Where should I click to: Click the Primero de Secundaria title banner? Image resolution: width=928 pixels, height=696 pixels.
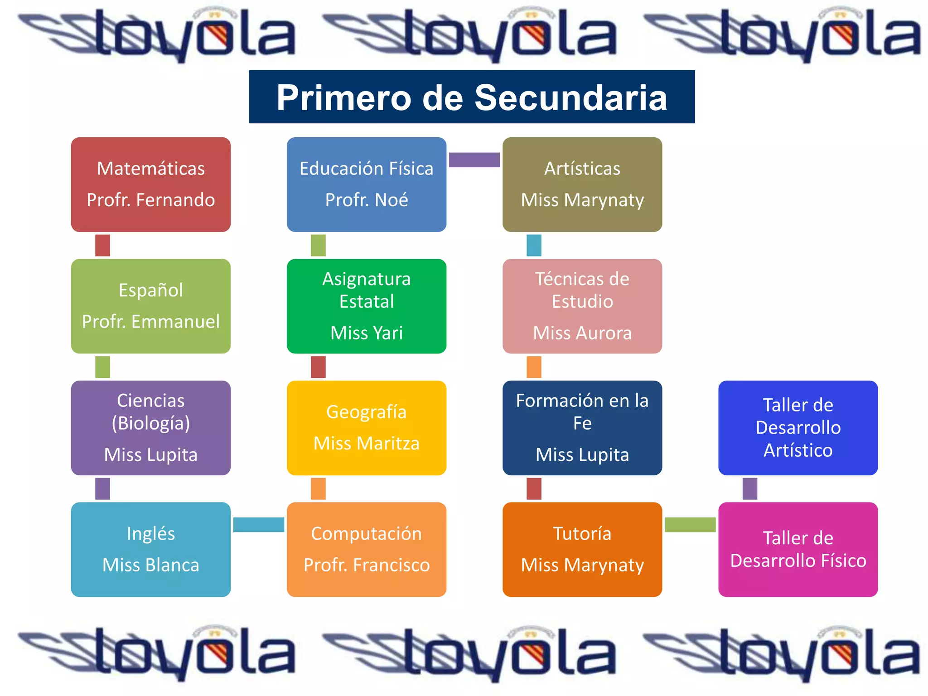(x=472, y=97)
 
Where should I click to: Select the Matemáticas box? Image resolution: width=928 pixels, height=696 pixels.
(x=151, y=184)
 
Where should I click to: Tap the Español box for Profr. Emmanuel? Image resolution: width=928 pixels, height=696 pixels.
(x=151, y=306)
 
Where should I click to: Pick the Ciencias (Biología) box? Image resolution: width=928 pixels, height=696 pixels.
(x=151, y=427)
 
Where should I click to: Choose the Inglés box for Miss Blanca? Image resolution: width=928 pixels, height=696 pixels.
(x=151, y=549)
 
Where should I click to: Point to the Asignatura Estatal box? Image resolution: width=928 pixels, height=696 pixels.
(x=367, y=306)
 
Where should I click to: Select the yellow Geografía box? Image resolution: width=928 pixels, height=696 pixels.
(x=367, y=427)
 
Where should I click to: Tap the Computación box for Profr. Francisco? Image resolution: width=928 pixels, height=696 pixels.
(x=367, y=549)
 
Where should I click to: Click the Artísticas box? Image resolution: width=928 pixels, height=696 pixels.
(x=582, y=184)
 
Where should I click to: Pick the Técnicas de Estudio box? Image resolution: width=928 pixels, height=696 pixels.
(x=582, y=306)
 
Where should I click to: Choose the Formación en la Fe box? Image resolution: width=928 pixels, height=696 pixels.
(x=582, y=427)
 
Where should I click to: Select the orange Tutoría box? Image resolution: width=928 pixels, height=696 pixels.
(x=582, y=549)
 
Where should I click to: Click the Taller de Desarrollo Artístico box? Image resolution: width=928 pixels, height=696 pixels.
(x=798, y=427)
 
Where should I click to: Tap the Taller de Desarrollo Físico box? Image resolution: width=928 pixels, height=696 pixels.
(x=798, y=549)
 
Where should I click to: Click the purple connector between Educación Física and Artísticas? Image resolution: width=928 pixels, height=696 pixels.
(x=474, y=159)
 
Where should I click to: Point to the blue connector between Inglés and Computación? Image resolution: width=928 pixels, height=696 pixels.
(x=259, y=524)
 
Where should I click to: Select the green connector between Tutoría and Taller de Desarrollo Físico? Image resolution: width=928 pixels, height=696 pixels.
(x=690, y=524)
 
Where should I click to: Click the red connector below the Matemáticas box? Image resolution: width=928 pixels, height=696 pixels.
(x=102, y=245)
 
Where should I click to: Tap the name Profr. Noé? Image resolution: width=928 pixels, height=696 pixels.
(x=367, y=200)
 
